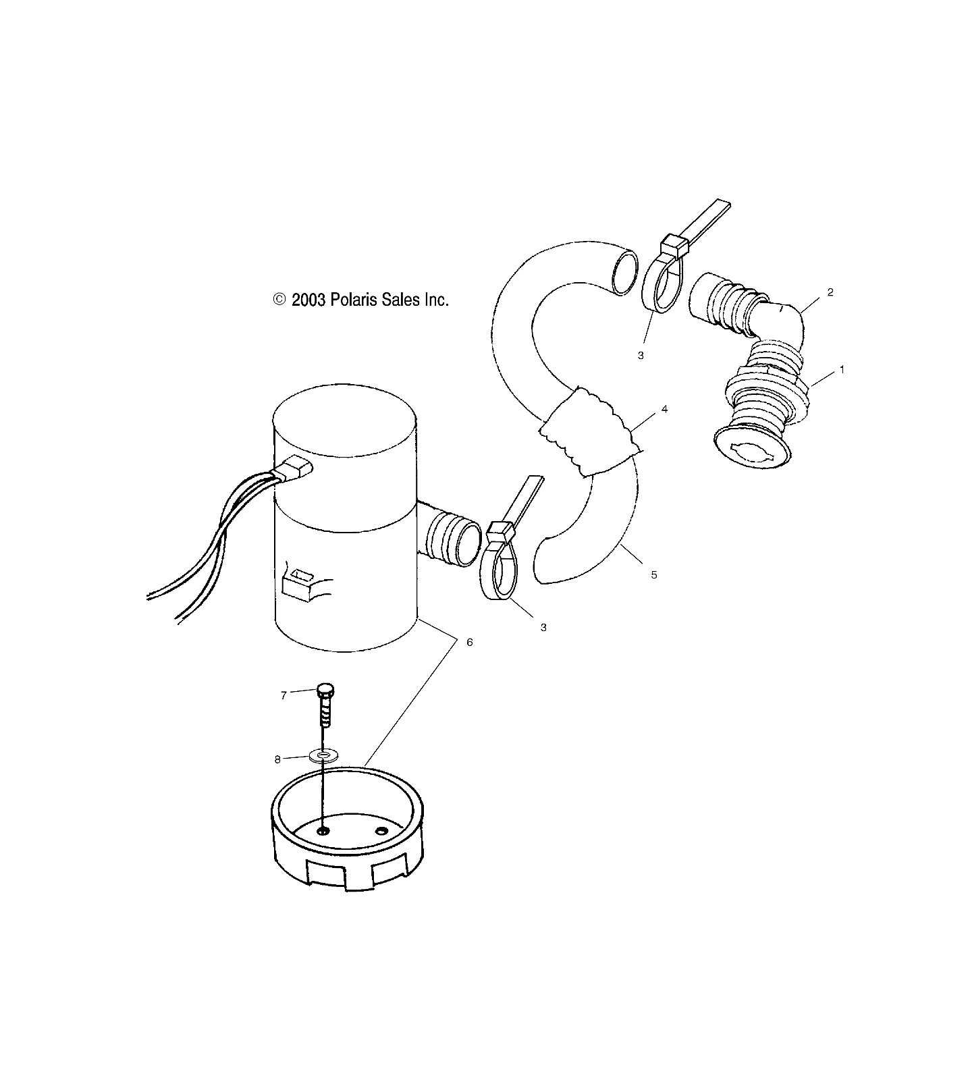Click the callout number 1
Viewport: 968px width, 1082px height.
coord(841,370)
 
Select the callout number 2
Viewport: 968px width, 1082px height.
coord(830,292)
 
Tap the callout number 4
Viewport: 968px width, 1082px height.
coord(664,409)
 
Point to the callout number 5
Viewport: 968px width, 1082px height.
coord(653,574)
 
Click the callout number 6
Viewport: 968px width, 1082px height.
coord(470,642)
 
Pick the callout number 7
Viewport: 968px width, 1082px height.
coord(284,695)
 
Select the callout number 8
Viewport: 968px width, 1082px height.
coord(277,759)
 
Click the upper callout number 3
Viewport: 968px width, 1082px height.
coord(641,355)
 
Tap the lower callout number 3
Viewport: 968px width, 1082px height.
coord(543,627)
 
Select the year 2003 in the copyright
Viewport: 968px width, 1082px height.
coord(308,300)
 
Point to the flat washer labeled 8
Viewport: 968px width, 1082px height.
coord(325,755)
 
